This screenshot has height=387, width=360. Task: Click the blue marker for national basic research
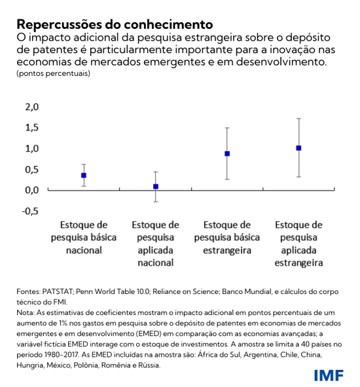tap(84, 175)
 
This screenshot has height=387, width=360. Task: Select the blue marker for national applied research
tap(156, 187)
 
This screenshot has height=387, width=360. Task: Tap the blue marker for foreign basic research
tap(227, 154)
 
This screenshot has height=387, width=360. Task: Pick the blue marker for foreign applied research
tap(298, 148)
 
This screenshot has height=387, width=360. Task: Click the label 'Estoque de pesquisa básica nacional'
tap(84, 236)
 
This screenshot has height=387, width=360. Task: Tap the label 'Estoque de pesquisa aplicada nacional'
tap(156, 243)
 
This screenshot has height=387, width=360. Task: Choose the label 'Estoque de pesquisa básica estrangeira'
tap(227, 236)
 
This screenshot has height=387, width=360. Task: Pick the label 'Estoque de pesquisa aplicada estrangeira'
tap(298, 243)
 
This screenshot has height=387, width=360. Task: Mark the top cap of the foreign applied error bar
tap(298, 119)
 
